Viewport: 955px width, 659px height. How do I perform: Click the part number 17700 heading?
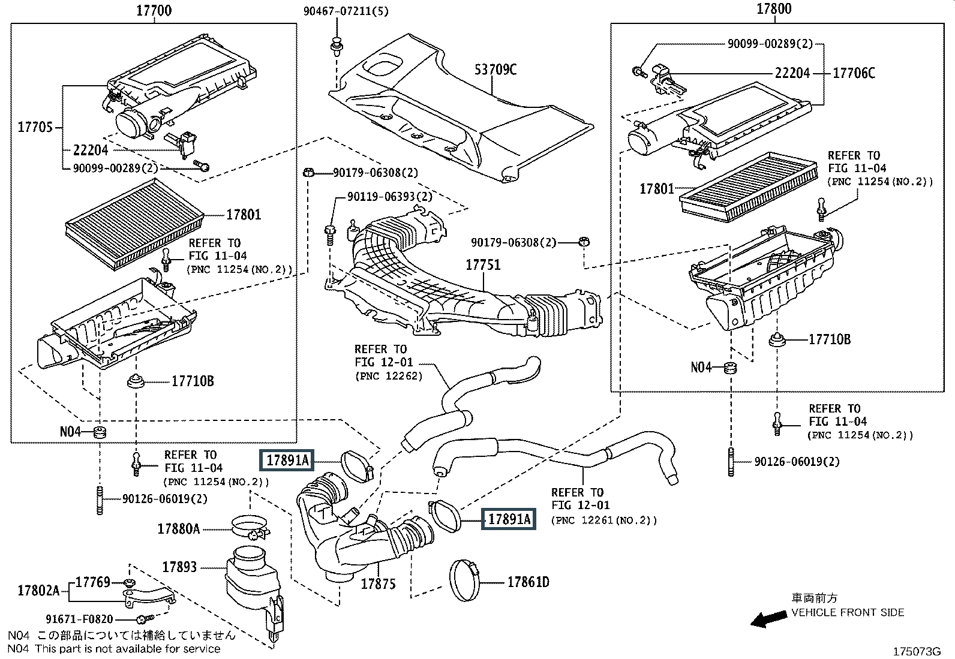click(x=154, y=10)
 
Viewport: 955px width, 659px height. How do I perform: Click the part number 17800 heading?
click(x=773, y=9)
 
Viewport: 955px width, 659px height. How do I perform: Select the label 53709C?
click(x=495, y=70)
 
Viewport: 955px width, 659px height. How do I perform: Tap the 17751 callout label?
click(x=482, y=264)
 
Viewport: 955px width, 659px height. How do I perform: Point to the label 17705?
click(x=35, y=127)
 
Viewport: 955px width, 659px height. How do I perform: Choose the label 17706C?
click(x=854, y=73)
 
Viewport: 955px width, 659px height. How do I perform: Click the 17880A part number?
click(x=179, y=529)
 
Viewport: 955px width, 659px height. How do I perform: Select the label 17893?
click(x=179, y=567)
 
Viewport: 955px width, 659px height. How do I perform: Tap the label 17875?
click(x=378, y=583)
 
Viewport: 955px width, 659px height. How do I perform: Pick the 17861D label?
click(x=528, y=582)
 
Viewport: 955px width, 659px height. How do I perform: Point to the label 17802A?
click(x=38, y=591)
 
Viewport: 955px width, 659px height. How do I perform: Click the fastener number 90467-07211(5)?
click(x=337, y=11)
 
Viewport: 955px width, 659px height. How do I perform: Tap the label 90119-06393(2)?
click(x=389, y=197)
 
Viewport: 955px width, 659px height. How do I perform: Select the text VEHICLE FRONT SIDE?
click(x=848, y=612)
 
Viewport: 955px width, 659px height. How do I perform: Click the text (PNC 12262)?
click(x=388, y=376)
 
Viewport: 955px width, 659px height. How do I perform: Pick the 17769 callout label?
click(x=93, y=582)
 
